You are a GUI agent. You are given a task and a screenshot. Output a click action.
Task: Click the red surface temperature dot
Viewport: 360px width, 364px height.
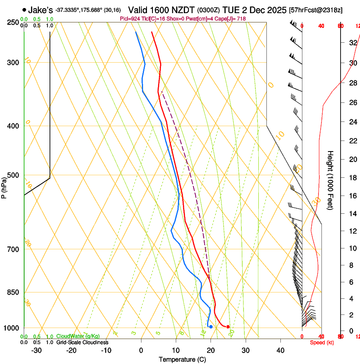point(228,327)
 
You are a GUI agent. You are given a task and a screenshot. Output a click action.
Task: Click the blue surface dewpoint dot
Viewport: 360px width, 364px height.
point(211,327)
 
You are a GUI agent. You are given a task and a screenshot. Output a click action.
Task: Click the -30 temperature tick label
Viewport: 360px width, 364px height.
point(36,350)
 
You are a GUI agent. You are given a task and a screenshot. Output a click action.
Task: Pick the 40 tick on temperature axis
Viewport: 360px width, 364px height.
point(280,350)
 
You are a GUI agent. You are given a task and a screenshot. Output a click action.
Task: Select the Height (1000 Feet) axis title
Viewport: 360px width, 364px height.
point(331,180)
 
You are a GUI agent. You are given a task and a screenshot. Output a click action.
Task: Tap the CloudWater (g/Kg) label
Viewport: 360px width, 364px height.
point(78,336)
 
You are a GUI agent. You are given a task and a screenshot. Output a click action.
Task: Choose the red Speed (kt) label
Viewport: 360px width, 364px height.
point(322,342)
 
